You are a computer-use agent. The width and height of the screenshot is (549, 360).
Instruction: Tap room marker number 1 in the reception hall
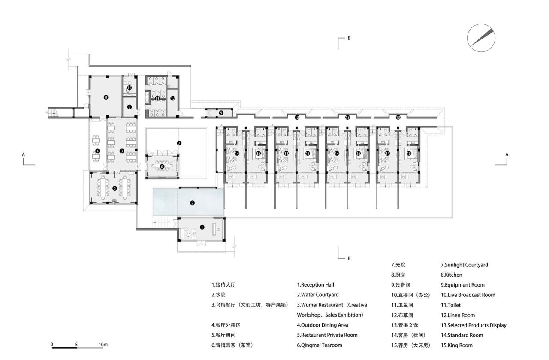202,227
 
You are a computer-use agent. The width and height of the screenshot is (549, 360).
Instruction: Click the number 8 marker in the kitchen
106,97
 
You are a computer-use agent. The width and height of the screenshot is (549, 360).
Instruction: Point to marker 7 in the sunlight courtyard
179,143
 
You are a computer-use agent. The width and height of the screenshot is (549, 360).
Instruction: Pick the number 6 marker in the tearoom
162,166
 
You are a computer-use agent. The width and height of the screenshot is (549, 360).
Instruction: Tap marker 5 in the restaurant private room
115,188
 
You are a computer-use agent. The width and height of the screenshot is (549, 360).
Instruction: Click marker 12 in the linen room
172,98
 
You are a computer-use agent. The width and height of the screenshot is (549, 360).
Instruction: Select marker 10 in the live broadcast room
129,88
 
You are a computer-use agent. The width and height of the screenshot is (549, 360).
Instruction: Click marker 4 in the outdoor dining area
97,151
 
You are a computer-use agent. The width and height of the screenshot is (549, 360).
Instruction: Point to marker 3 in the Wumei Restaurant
122,151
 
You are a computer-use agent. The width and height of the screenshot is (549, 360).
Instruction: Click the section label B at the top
349,38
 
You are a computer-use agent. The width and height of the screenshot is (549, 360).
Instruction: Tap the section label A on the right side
507,154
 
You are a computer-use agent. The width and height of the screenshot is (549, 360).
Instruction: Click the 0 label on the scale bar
52,344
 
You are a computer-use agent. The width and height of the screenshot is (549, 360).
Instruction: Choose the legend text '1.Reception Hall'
315,284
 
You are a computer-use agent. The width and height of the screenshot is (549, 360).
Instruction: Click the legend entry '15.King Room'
456,345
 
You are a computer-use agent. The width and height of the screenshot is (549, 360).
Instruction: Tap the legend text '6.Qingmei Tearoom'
319,345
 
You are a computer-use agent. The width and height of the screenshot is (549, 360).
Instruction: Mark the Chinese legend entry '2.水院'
218,295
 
